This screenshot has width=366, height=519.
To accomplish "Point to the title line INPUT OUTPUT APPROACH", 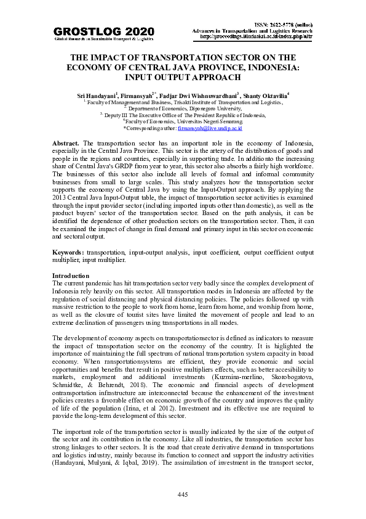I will tap(183, 78).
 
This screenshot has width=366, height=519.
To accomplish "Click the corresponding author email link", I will tap(210, 128).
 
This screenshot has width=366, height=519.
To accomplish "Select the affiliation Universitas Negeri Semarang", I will tap(201, 121).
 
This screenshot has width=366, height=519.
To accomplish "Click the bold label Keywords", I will tap(68, 252).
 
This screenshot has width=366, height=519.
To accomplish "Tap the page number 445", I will tap(183, 495).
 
